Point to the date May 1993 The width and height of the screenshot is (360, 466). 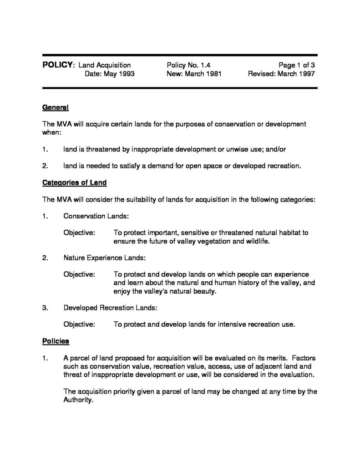point(110,74)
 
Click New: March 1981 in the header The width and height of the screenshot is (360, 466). point(194,74)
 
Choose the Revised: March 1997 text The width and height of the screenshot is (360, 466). point(281,74)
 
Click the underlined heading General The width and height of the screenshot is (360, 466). point(55,108)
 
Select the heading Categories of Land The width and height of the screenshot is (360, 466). point(74,183)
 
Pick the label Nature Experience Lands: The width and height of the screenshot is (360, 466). point(104,258)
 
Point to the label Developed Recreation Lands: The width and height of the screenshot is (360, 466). point(110,308)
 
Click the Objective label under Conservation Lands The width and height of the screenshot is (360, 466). point(79,233)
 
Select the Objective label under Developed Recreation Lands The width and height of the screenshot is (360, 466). point(79,324)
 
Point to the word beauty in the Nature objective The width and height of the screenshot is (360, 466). point(201,291)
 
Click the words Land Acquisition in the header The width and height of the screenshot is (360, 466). point(105,66)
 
